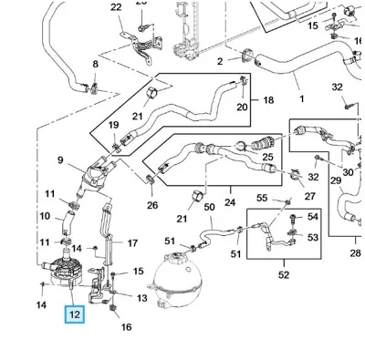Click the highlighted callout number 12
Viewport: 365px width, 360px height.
pyautogui.click(x=74, y=314)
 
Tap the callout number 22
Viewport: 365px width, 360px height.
pyautogui.click(x=116, y=7)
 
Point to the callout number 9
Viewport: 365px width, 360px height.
pyautogui.click(x=60, y=160)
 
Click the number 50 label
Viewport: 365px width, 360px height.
pyautogui.click(x=209, y=208)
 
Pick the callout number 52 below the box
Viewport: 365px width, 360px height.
pyautogui.click(x=284, y=275)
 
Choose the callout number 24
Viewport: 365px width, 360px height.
pyautogui.click(x=230, y=202)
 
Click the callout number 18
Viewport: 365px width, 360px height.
pyautogui.click(x=268, y=100)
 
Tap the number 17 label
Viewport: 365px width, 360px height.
pyautogui.click(x=132, y=243)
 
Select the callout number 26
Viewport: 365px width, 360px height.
pyautogui.click(x=152, y=205)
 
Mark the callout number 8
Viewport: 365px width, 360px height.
pyautogui.click(x=96, y=64)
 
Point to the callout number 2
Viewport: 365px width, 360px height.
pyautogui.click(x=220, y=61)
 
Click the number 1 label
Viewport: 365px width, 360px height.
pyautogui.click(x=302, y=98)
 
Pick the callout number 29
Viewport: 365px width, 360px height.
pyautogui.click(x=336, y=180)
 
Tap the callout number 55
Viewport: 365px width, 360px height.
pyautogui.click(x=262, y=198)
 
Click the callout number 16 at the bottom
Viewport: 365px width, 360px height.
pyautogui.click(x=127, y=327)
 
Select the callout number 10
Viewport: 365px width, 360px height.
pyautogui.click(x=45, y=216)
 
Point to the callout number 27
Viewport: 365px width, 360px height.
pyautogui.click(x=309, y=196)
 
